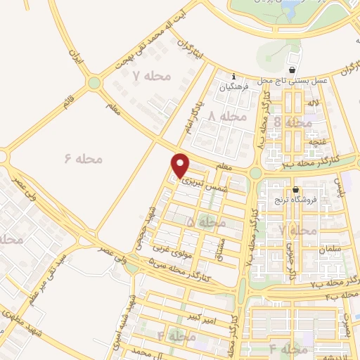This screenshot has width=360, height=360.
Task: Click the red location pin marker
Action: pos(181,165)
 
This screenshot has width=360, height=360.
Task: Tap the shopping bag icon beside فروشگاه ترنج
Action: pos(296,189)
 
